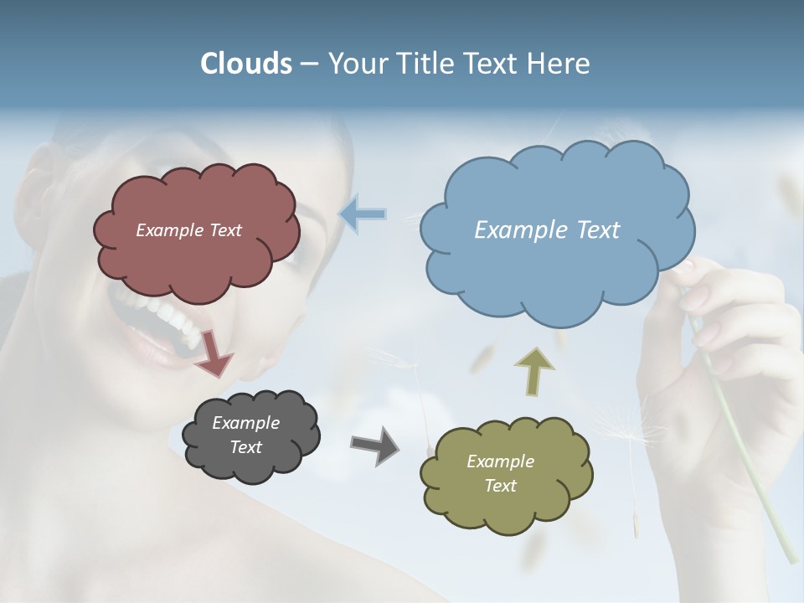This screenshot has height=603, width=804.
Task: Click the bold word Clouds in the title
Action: pyautogui.click(x=246, y=64)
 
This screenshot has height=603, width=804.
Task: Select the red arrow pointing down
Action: pyautogui.click(x=214, y=353)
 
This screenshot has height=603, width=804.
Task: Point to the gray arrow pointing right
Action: pyautogui.click(x=374, y=446)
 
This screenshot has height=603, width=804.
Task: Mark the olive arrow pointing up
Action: pyautogui.click(x=534, y=371)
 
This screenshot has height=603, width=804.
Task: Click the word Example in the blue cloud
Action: pyautogui.click(x=513, y=230)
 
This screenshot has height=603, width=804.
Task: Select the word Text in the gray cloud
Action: pyautogui.click(x=245, y=447)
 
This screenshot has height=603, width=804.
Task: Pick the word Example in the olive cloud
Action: pyautogui.click(x=500, y=461)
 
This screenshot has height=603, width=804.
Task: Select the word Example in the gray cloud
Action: pyautogui.click(x=245, y=423)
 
